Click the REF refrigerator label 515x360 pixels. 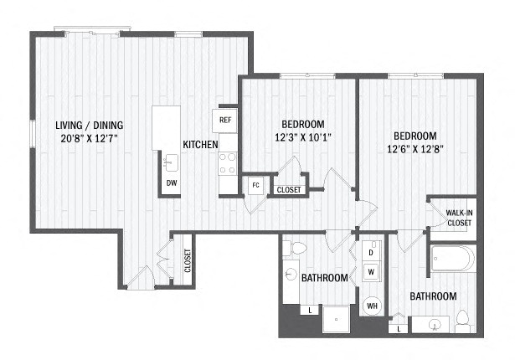(225, 120)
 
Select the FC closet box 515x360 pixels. (255, 185)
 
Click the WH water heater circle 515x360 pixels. (372, 306)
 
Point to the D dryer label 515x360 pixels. (371, 253)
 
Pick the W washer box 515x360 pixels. (371, 271)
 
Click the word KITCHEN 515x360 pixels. (200, 145)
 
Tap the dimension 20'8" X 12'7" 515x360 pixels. (90, 138)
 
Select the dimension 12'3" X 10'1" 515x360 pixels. (303, 136)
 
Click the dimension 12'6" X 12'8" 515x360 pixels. (415, 149)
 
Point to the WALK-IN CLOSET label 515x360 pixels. (459, 218)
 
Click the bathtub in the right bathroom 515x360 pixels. (453, 259)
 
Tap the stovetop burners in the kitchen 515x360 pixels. (228, 163)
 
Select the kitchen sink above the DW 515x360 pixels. (171, 163)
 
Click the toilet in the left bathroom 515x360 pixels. (294, 248)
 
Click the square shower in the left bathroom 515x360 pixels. (336, 319)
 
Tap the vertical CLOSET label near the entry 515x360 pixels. (188, 261)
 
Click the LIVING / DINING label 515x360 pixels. (90, 125)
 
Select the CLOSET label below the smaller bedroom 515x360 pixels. (289, 190)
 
